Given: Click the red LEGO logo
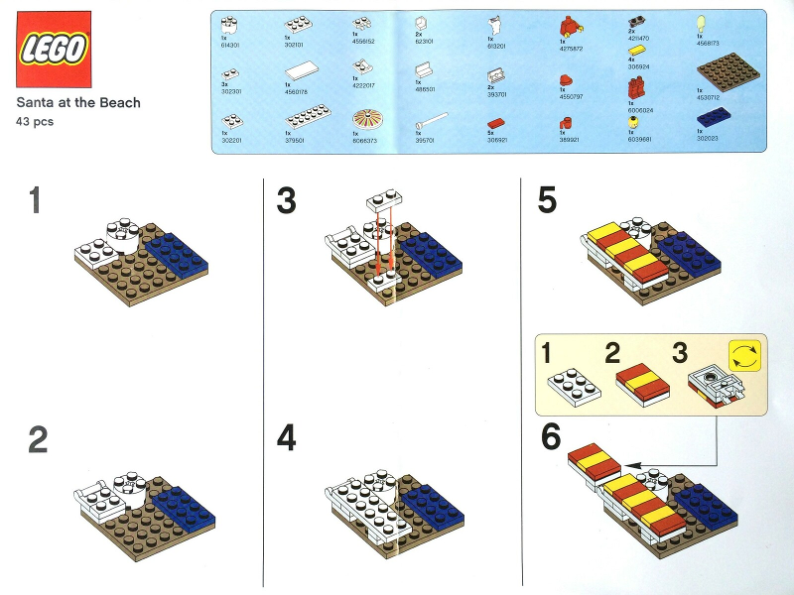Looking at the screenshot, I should (x=53, y=49).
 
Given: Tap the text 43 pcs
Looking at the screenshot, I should (x=35, y=121).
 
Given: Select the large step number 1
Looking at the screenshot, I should (x=36, y=201).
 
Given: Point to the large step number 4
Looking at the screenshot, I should (x=287, y=437).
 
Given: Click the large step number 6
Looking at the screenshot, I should (x=551, y=437).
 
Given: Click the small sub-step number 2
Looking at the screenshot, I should (x=612, y=352).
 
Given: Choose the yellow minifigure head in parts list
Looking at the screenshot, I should (x=634, y=123).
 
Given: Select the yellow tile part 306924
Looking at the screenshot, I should (x=635, y=49).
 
